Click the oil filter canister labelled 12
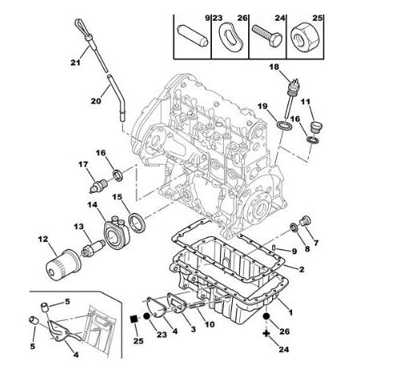[x=63, y=265]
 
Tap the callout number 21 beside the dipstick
[x=75, y=63]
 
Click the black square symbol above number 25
[x=133, y=319]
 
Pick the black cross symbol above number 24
[x=266, y=334]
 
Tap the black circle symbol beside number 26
[x=266, y=317]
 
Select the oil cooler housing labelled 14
[x=116, y=233]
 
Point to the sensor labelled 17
[x=98, y=186]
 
